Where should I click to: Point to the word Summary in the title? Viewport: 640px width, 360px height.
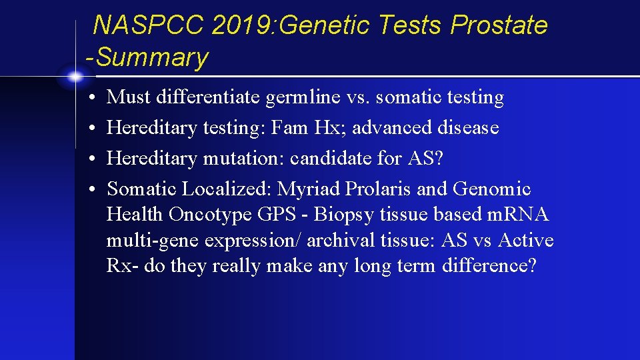click(153, 57)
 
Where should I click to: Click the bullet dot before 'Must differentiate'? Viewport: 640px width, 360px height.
click(89, 98)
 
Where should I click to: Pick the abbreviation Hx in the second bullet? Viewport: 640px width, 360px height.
click(331, 127)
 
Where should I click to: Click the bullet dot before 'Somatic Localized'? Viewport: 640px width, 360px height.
click(89, 190)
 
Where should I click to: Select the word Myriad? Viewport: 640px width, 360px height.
click(309, 189)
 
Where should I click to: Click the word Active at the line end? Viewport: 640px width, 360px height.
click(525, 240)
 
